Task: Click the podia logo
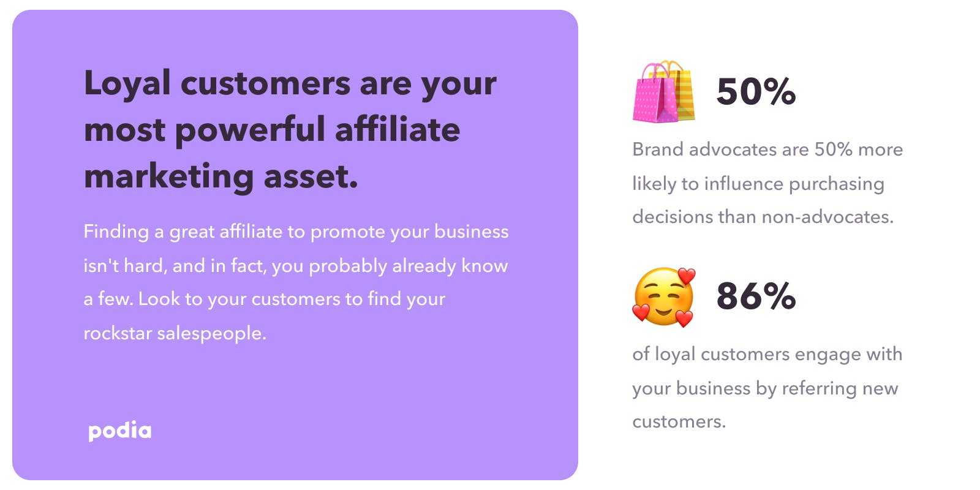tap(120, 431)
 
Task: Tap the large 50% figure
tap(756, 91)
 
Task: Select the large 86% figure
tap(756, 296)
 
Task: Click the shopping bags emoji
tap(664, 91)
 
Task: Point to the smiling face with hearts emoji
tap(664, 297)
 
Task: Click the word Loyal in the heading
tap(127, 83)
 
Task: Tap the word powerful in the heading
tap(250, 130)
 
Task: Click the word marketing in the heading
tap(169, 177)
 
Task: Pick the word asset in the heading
tap(311, 177)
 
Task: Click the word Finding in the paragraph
tap(116, 232)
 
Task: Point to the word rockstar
tap(118, 333)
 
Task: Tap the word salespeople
tap(212, 334)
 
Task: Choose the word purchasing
tap(837, 184)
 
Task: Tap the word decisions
tap(673, 217)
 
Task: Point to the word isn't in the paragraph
tap(101, 266)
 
